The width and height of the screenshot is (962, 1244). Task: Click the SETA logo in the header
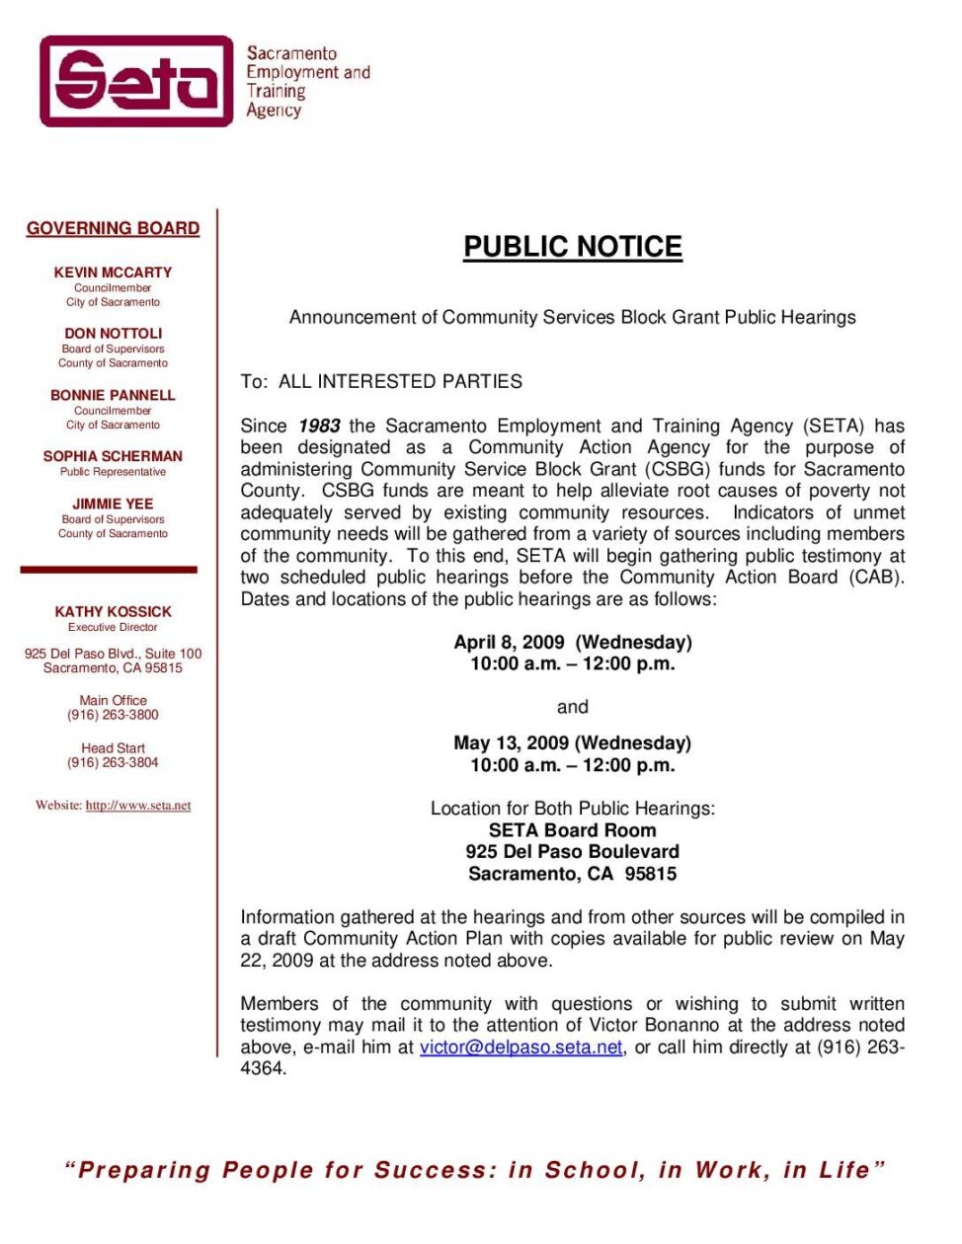(x=136, y=81)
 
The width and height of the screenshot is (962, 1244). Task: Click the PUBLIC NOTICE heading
(x=573, y=247)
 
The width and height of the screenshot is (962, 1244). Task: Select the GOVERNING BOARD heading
(x=113, y=228)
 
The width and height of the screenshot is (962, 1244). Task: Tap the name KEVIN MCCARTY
(x=113, y=272)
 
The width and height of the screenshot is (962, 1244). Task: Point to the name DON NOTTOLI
(x=113, y=334)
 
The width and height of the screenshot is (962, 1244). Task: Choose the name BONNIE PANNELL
(x=113, y=395)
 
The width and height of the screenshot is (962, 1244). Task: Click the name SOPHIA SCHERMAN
(x=113, y=456)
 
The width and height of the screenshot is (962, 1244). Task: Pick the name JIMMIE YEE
(x=113, y=504)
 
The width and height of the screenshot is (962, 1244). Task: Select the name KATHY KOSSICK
(x=113, y=612)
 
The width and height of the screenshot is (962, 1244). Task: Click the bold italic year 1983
(x=319, y=427)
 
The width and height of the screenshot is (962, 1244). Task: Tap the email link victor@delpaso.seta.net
(x=521, y=1048)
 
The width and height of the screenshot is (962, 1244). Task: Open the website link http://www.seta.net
(x=138, y=806)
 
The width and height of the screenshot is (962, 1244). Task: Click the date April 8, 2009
(x=509, y=643)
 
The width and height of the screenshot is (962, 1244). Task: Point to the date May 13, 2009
(x=511, y=743)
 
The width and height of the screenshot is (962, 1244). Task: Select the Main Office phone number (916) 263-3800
(x=113, y=715)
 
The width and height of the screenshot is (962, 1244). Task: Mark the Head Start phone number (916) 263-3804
(x=113, y=762)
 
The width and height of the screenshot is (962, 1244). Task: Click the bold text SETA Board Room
(x=572, y=830)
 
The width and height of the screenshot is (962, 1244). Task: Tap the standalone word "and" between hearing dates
(x=572, y=707)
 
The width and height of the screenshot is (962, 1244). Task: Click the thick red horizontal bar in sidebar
(x=109, y=570)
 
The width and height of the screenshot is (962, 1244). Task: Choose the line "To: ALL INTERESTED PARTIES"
(x=381, y=382)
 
